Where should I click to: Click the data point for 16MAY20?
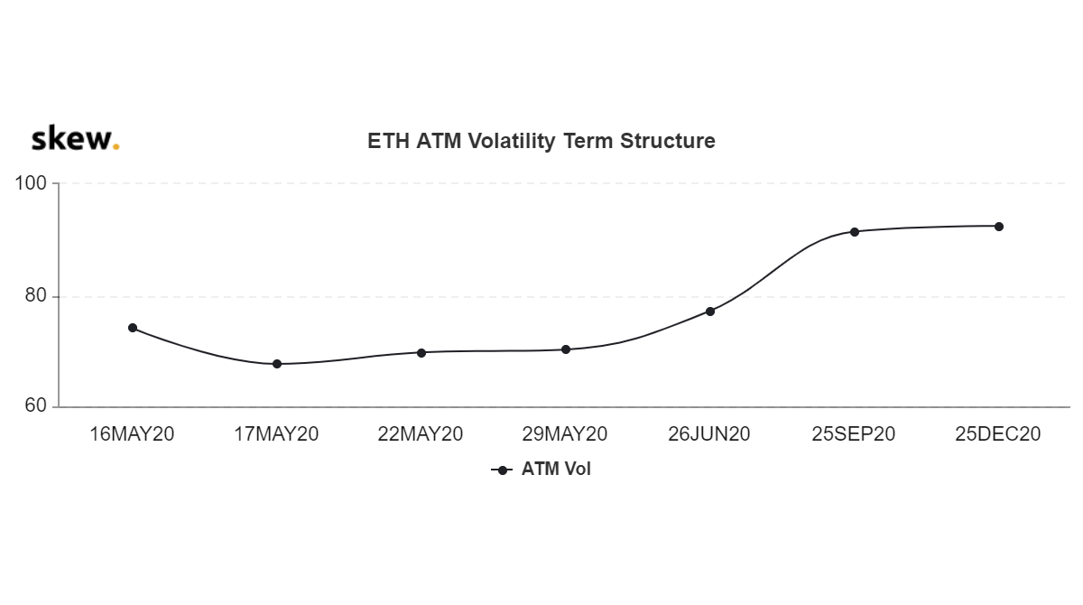[x=133, y=328]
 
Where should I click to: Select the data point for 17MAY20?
[x=277, y=364]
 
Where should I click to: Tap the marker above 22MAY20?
[x=421, y=353]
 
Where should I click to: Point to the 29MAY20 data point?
[x=566, y=349]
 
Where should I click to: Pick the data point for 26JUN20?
[x=710, y=312]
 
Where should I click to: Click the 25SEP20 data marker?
[x=855, y=232]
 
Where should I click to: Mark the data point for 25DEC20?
[x=999, y=227]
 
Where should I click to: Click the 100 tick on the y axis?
[x=31, y=183]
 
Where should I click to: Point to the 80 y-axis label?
[x=35, y=295]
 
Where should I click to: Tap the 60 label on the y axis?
[x=35, y=405]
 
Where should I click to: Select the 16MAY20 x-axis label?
[x=132, y=433]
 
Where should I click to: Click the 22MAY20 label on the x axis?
[x=421, y=433]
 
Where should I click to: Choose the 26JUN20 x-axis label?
[x=709, y=433]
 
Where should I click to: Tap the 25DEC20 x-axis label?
[x=998, y=433]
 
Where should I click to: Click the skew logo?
[x=75, y=138]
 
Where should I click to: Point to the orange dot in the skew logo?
[x=116, y=146]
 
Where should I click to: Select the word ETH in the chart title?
[x=389, y=141]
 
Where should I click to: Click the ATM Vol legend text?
[x=556, y=470]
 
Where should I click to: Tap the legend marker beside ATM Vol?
[x=503, y=470]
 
